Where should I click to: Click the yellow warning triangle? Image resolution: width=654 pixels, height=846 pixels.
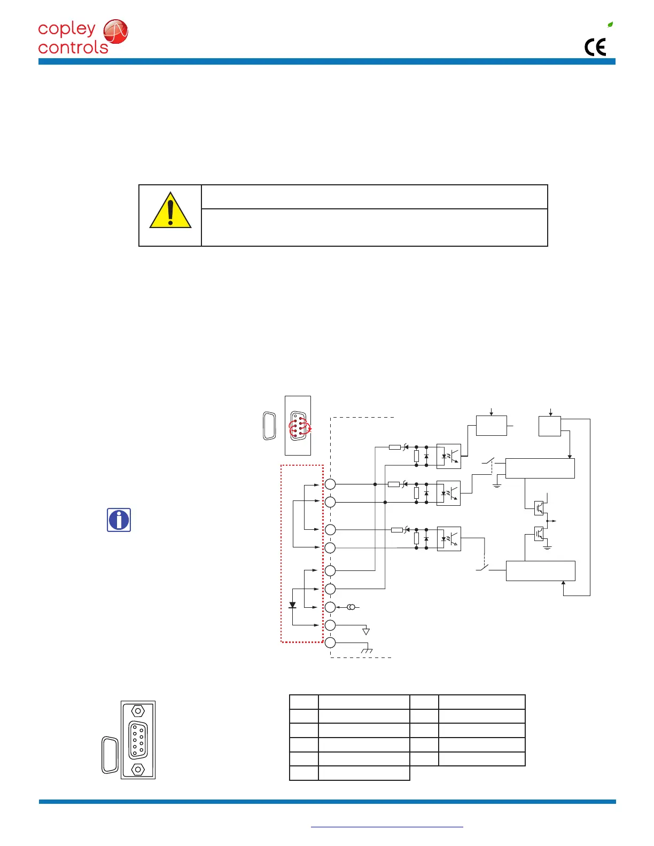pos(170,211)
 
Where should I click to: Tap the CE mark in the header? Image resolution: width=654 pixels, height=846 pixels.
pos(595,48)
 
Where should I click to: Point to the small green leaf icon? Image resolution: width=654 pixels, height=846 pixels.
pos(610,25)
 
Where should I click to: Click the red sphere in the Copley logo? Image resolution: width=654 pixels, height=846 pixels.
pos(115,32)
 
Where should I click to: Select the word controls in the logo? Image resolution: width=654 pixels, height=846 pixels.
pos(73,48)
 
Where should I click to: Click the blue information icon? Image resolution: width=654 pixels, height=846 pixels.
pos(119,520)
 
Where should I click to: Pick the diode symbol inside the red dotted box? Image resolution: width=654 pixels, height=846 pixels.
pos(292,605)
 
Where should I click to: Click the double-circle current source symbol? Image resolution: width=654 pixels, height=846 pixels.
pos(351,607)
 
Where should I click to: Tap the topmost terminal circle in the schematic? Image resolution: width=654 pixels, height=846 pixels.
pos(330,484)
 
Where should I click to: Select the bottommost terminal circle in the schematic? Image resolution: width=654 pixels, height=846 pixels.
pos(330,643)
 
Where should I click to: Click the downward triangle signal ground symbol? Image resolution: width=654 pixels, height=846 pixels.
pos(366,632)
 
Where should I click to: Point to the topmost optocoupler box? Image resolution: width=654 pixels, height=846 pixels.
pos(448,456)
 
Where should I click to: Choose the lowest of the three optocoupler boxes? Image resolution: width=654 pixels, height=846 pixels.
pos(448,539)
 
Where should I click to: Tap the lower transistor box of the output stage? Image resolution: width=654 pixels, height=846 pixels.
pos(539,533)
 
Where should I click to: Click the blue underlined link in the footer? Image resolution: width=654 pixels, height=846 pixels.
pos(387,827)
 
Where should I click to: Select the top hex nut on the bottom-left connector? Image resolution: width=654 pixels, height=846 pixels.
pos(138,711)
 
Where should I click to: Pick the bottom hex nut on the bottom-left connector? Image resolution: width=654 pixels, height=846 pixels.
pos(138,769)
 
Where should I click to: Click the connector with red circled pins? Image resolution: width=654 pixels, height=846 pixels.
pos(298,425)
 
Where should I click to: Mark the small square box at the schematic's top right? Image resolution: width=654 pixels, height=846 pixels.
pos(550,426)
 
